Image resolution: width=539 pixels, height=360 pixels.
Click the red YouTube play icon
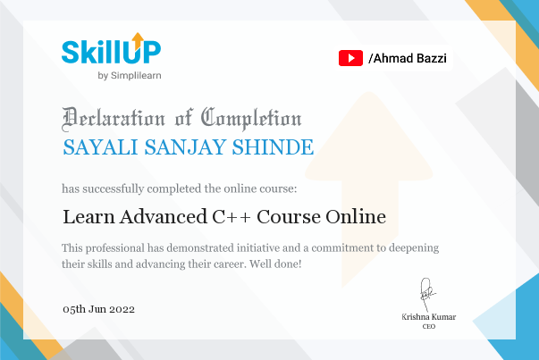[350, 58]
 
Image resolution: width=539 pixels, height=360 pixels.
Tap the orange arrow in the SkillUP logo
[138, 40]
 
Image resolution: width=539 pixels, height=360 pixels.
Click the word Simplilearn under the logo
[136, 76]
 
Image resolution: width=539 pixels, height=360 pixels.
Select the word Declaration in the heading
[114, 119]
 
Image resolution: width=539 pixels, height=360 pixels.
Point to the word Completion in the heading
[251, 119]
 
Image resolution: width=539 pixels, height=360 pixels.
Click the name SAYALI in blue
[100, 147]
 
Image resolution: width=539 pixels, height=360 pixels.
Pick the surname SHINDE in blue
[273, 147]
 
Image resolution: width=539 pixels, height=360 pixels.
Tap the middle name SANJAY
[185, 147]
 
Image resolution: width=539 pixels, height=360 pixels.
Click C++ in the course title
[232, 217]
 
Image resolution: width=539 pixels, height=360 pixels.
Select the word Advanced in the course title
[164, 217]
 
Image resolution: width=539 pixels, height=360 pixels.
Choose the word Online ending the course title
[356, 216]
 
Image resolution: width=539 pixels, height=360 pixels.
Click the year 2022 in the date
[122, 309]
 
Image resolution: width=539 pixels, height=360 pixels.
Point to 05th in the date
[74, 309]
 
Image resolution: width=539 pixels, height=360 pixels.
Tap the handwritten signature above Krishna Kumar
[427, 295]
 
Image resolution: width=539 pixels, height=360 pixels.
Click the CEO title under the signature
[429, 326]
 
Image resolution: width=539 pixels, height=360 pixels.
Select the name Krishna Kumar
[429, 317]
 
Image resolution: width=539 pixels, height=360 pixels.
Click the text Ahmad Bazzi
[409, 58]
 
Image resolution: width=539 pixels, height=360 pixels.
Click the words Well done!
[275, 264]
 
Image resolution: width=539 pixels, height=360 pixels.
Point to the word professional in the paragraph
[115, 248]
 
